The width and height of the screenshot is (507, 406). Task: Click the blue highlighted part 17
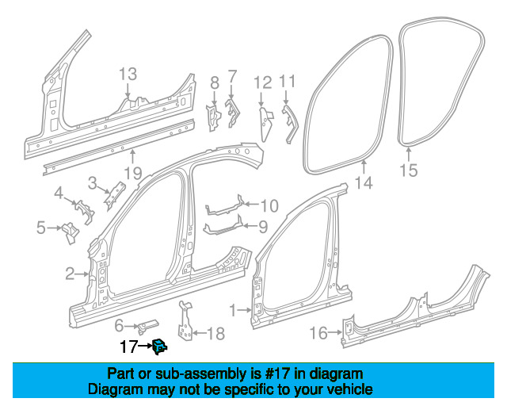[x=159, y=345]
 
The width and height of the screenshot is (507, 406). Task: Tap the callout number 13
[x=128, y=75]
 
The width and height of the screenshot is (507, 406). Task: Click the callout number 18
[x=215, y=334]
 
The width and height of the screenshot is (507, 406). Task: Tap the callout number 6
[x=120, y=325]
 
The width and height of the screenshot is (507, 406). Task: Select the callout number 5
[x=40, y=229]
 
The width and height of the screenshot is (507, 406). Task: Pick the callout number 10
[x=269, y=206]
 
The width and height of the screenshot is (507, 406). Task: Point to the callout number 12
[x=262, y=82]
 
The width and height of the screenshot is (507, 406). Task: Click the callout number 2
[x=70, y=274]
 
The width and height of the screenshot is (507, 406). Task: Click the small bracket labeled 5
[x=70, y=232]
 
